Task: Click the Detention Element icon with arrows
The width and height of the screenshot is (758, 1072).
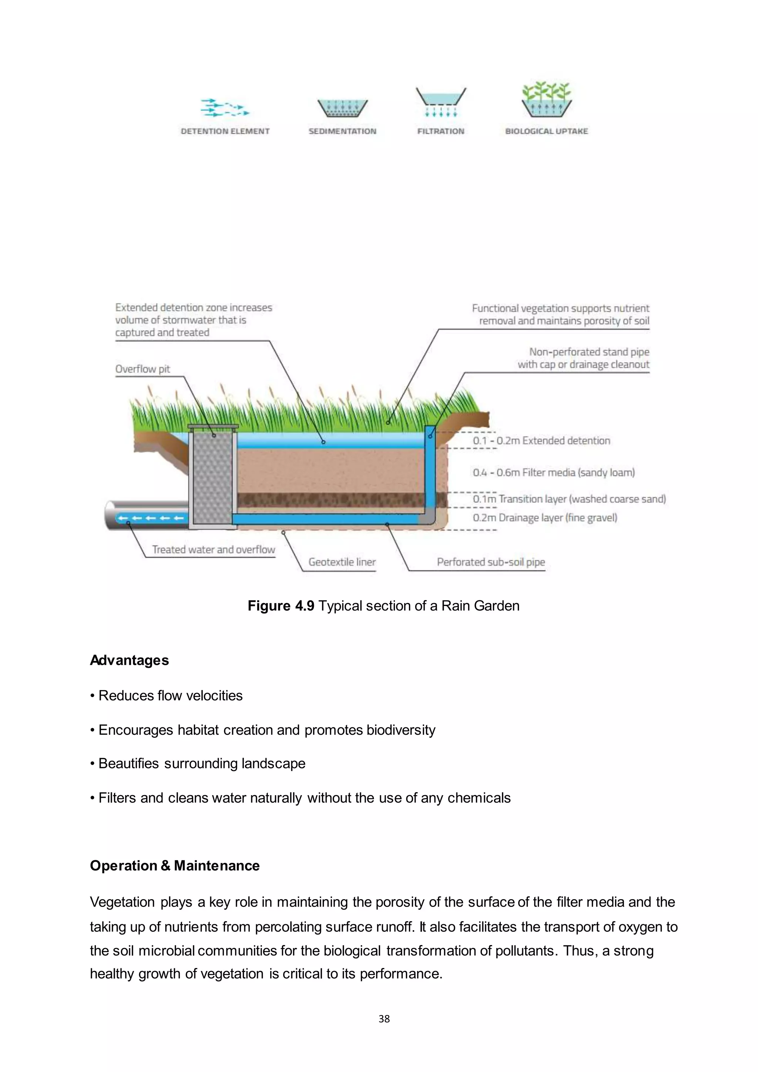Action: tap(225, 108)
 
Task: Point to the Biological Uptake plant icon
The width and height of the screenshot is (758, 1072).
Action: tap(547, 100)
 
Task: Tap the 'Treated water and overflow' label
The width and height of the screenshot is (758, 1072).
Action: tap(213, 550)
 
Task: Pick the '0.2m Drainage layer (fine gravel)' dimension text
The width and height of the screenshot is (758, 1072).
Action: tap(545, 518)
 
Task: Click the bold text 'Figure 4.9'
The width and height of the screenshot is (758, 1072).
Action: tap(281, 606)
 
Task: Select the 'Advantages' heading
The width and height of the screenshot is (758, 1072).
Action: tap(129, 661)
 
